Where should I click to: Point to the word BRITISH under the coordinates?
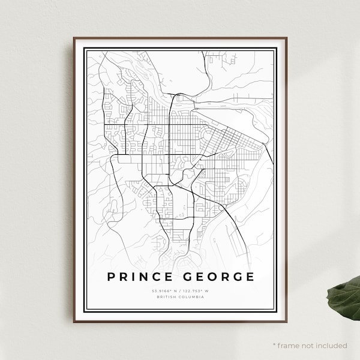pos(165,297)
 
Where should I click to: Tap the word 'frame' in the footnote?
pos(289,346)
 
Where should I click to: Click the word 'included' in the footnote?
pos(331,346)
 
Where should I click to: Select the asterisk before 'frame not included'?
pos(274,345)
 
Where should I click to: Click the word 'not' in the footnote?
pos(308,346)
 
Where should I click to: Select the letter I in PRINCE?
pos(134,277)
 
